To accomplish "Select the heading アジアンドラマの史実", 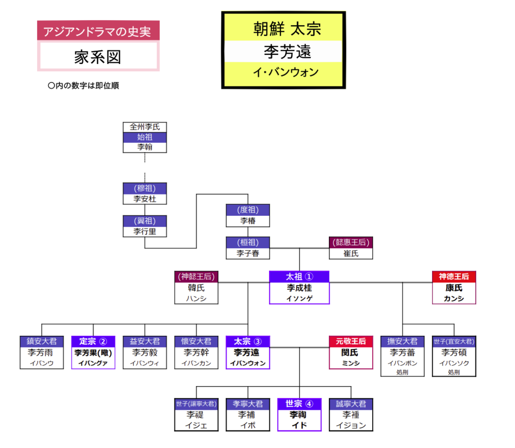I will (x=98, y=31).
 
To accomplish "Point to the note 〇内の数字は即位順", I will (x=83, y=85).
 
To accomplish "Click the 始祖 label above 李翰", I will (x=144, y=137).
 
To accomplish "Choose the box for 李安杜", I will (x=144, y=199).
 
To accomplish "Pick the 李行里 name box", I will (x=144, y=232).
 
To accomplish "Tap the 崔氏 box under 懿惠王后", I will (x=351, y=253).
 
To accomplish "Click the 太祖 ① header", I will (x=299, y=277).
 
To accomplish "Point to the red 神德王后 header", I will (x=454, y=277).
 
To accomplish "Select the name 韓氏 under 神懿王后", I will (x=196, y=288).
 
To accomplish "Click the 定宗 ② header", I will (x=93, y=341).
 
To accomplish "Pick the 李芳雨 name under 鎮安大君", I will (x=42, y=352).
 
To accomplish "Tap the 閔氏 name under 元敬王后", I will (x=351, y=352).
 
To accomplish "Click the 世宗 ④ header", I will (x=299, y=404).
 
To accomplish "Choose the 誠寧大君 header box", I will (x=351, y=404).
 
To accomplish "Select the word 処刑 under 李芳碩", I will (x=454, y=373).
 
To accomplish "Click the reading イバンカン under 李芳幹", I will (x=196, y=363).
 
